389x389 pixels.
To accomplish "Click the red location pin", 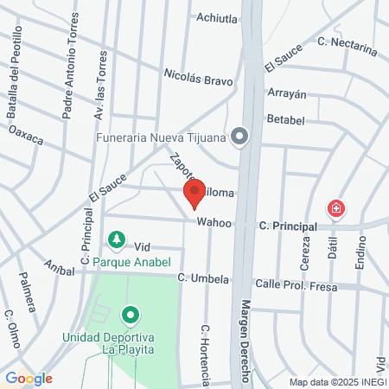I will point(194,193).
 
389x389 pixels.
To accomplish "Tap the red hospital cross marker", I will point(335,208).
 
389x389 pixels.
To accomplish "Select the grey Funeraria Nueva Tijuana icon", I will point(240,135).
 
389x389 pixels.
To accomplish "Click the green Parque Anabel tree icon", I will point(115,239).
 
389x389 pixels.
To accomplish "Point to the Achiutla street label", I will point(216,16).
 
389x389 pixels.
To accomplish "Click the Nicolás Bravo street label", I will point(200,79).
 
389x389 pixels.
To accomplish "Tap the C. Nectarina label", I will point(348,45).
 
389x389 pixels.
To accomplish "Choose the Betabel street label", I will point(287,118).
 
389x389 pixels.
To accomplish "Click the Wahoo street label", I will point(214,222).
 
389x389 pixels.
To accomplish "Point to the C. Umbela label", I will point(203,279).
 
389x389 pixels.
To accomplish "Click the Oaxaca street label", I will point(26,136).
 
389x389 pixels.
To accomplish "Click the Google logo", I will point(29,378).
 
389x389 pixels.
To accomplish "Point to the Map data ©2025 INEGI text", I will point(336,381).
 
